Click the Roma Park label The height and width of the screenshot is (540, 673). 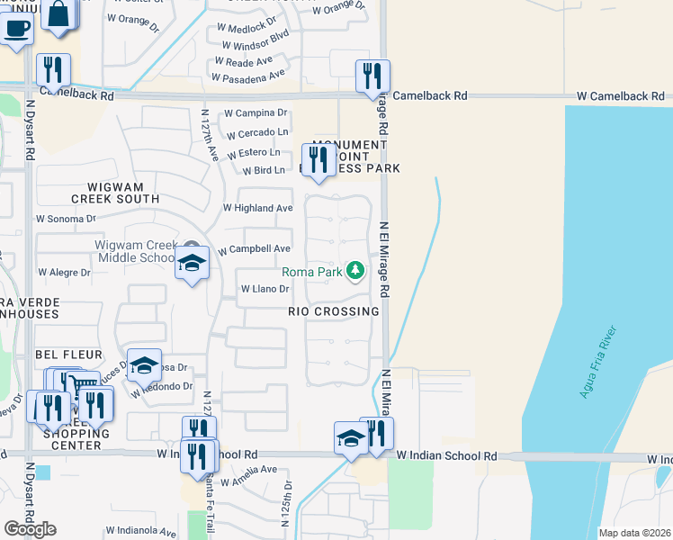[312, 272]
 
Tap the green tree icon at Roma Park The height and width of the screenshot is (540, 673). [356, 271]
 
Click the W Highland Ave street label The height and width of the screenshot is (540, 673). [257, 208]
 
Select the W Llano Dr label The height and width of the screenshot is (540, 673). [265, 289]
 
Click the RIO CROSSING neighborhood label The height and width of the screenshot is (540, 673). [333, 311]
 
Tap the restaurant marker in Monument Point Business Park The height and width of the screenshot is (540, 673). [318, 159]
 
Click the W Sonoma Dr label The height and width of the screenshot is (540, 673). [66, 219]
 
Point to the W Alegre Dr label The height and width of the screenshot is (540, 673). [64, 272]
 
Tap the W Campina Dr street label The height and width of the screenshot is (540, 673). [256, 113]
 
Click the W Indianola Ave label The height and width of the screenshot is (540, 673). [140, 531]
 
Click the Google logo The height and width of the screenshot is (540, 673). [30, 528]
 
